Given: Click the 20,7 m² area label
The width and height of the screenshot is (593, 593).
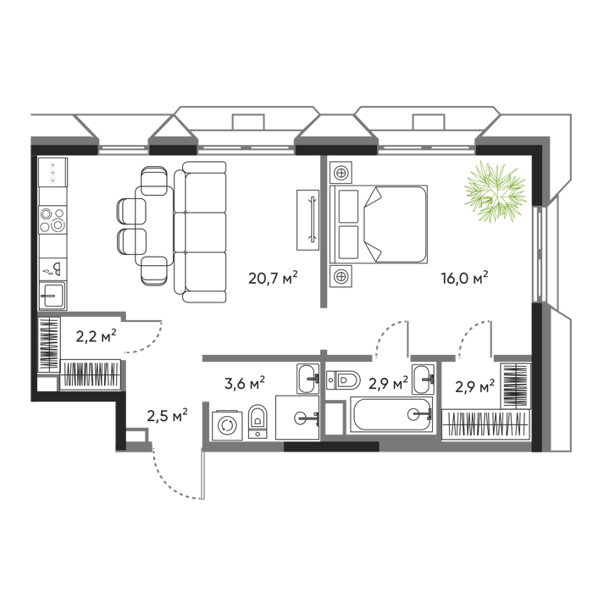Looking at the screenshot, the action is pos(273,278).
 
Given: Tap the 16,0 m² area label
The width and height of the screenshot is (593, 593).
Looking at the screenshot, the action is pos(464,278).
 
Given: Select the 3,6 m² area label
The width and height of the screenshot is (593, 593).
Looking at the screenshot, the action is pos(244,383).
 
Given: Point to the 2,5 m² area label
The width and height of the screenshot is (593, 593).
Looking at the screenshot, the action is pos(167,416).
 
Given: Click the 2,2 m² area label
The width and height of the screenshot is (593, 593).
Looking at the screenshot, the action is pos(96,335).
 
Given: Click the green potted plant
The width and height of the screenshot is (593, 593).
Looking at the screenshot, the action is pos(496,191).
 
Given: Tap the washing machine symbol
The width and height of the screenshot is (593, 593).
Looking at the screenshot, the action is pos(227,425).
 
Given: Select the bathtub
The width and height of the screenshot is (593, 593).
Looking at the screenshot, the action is pos(391,414).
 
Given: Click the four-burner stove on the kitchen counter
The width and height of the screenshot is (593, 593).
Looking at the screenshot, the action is pos(53,219).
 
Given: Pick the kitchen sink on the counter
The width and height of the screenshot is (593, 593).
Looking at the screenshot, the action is pos(53,296).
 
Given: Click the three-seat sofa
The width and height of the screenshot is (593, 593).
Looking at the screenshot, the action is pos(200,232).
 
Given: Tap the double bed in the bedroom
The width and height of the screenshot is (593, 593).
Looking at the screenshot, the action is pos(379,224).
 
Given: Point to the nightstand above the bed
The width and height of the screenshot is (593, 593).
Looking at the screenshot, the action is pos(341,173).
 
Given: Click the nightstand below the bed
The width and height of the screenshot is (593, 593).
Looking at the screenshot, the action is pos(341,276).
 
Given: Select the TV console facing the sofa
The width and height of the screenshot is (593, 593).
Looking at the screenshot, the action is pos(308,220).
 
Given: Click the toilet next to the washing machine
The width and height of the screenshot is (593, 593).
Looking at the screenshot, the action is pos(258,421).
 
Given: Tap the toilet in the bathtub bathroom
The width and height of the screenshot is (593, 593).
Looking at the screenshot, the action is pos(343,380).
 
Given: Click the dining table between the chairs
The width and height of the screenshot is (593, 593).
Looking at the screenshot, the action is pos(154,225).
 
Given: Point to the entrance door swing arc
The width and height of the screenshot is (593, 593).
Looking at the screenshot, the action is pos(172,479).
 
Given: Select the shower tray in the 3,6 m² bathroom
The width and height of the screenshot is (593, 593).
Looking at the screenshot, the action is pos(297,418).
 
